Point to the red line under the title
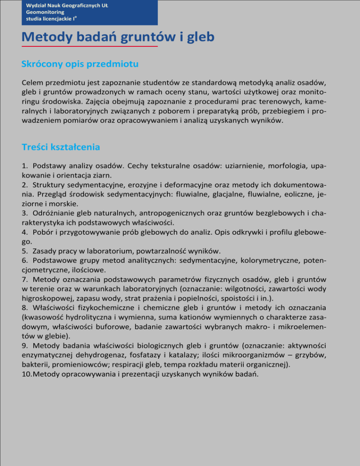pyautogui.click(x=90, y=47)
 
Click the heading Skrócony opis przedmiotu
pyautogui.click(x=80, y=63)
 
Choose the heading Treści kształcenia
pyautogui.click(x=61, y=147)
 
